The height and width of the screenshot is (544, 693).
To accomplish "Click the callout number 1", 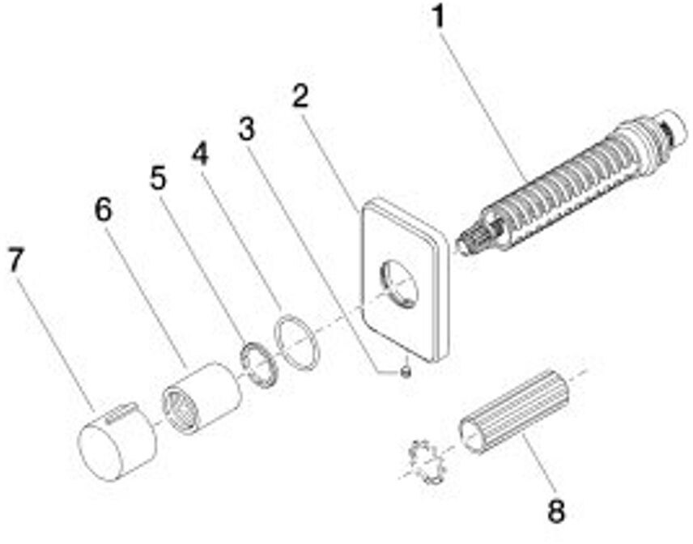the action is coord(438,17).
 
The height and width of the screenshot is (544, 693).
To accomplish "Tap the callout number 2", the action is coord(300,97).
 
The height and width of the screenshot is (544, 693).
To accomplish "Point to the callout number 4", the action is coord(200,153).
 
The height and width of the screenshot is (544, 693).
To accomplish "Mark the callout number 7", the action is coord(17,261).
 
